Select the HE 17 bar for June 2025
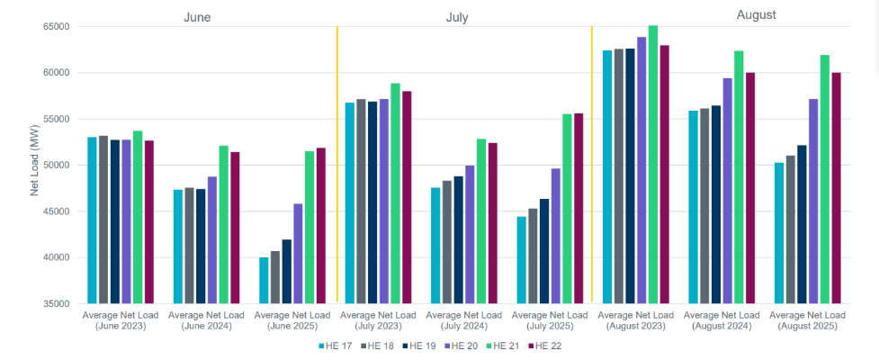[x=264, y=281]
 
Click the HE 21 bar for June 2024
[x=224, y=225]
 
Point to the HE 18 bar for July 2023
[x=361, y=202]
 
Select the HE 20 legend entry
[x=460, y=346]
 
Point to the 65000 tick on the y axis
[x=57, y=27]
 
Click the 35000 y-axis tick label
[x=57, y=304]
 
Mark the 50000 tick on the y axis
[x=57, y=166]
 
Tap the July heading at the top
[x=456, y=17]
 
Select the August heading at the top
[x=756, y=15]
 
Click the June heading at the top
[x=197, y=17]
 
